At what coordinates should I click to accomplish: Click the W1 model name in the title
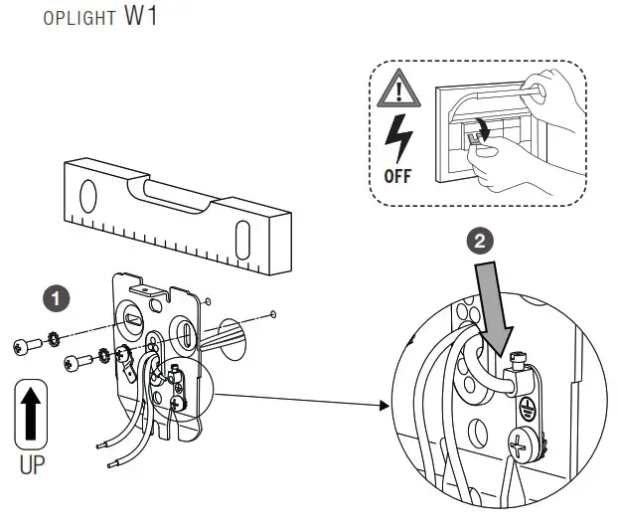click(141, 20)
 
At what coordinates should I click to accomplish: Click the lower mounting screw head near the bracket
click(72, 360)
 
